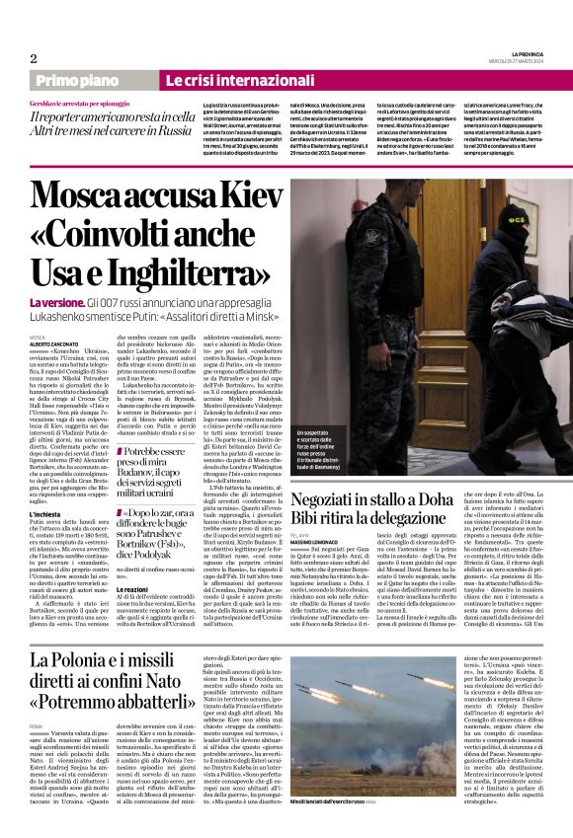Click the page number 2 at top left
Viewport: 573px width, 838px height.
[x=33, y=57]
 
